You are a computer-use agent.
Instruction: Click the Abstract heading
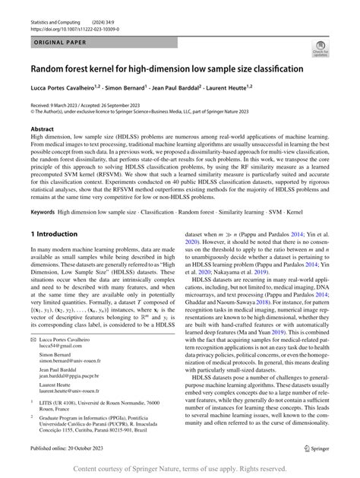[x=42, y=130]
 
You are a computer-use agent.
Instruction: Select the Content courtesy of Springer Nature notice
[x=180, y=468]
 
